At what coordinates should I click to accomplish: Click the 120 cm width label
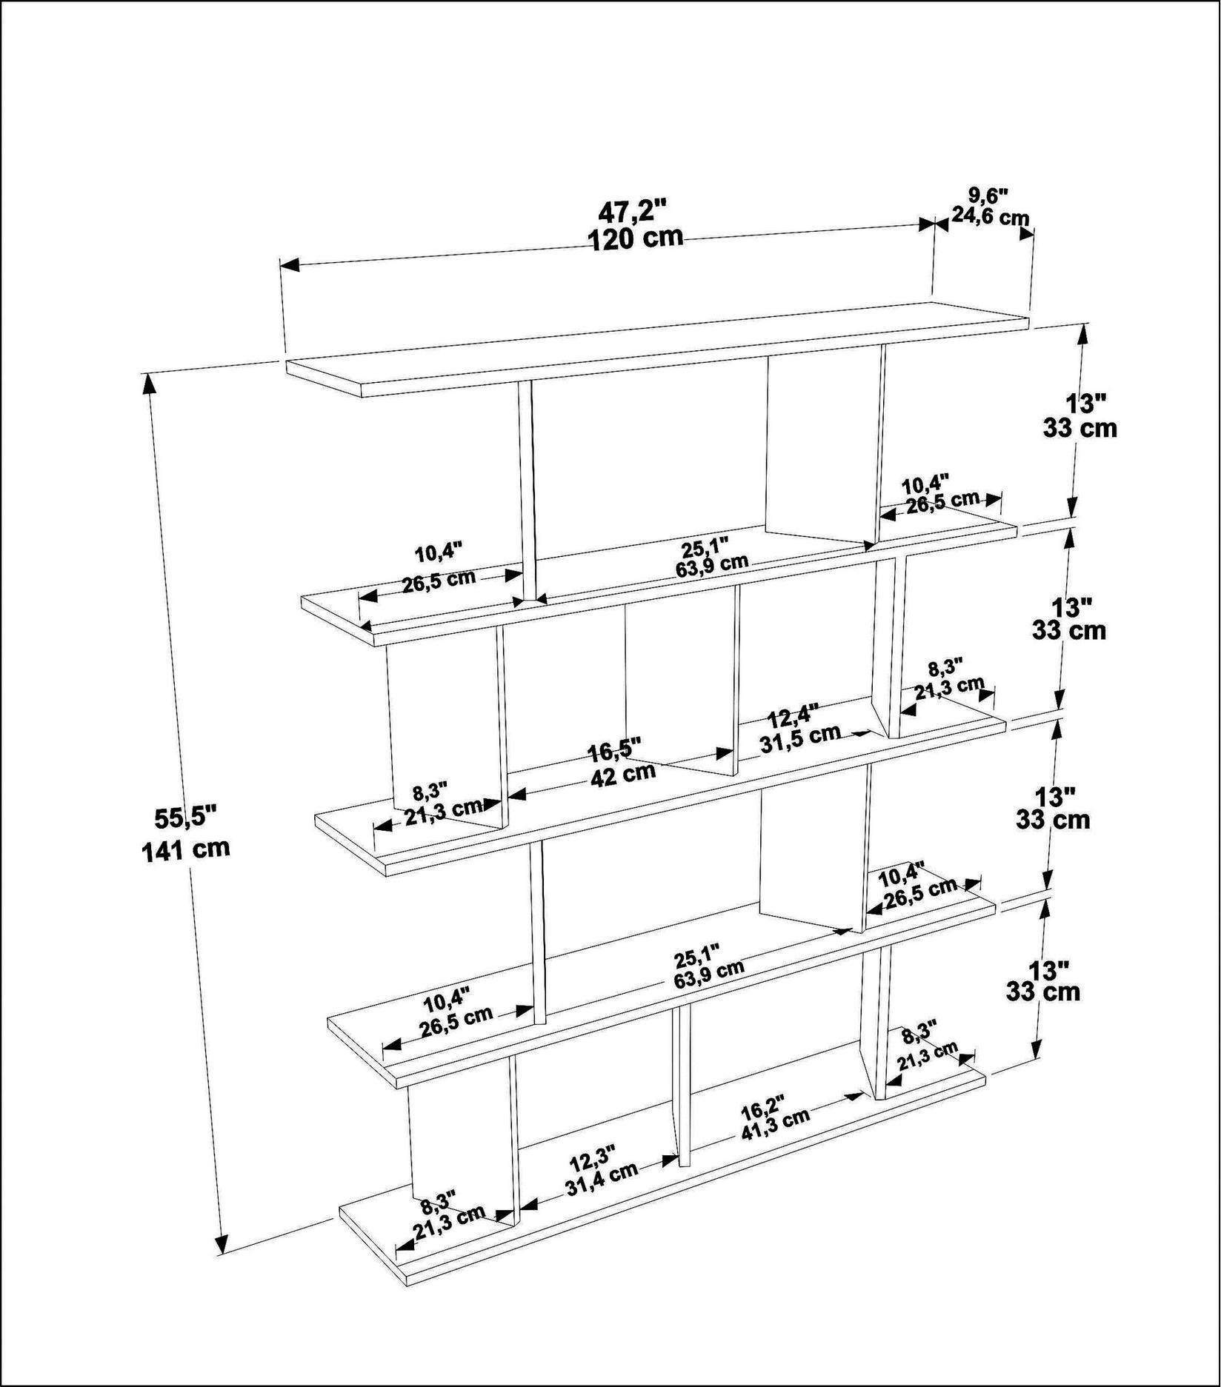(635, 238)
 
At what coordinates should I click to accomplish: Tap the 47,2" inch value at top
(633, 211)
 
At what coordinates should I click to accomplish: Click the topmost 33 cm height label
(1080, 428)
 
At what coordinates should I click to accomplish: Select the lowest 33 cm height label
(1043, 991)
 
